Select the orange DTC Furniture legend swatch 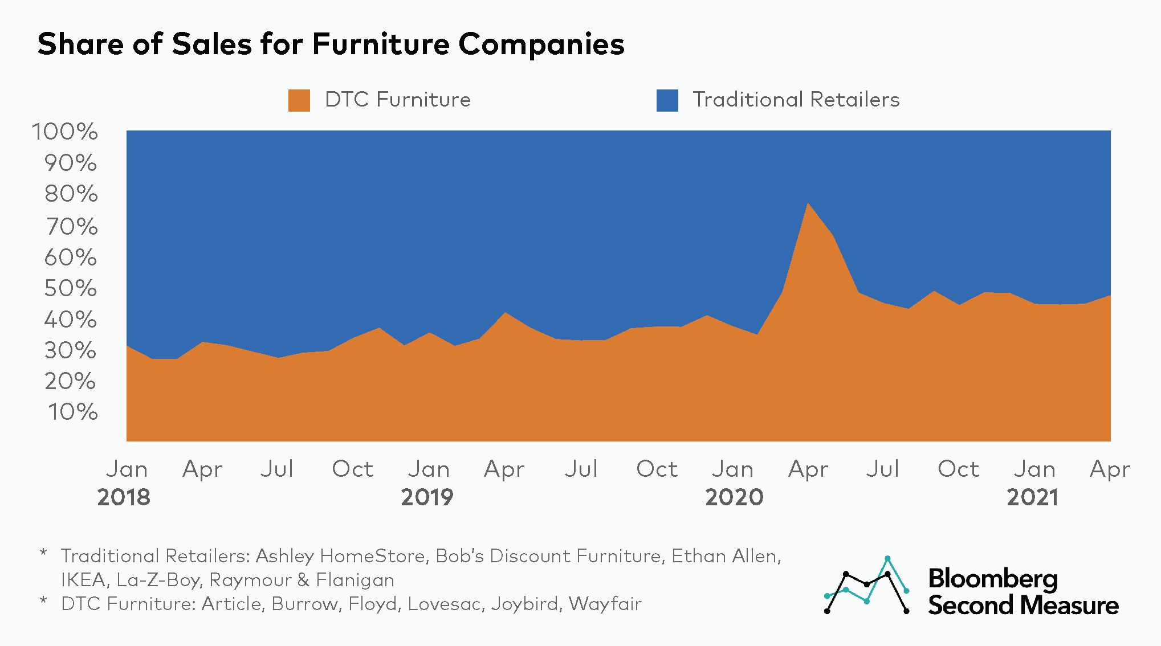click(x=299, y=100)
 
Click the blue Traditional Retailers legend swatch click(x=667, y=100)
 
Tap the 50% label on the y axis click(x=71, y=288)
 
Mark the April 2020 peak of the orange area click(x=808, y=203)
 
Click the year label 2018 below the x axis click(x=124, y=497)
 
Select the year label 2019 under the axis click(x=427, y=497)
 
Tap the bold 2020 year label click(x=734, y=497)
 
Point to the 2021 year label click(x=1032, y=497)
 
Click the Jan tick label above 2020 click(x=732, y=469)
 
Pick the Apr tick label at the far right click(x=1110, y=469)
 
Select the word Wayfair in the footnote click(x=605, y=604)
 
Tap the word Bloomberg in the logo click(x=993, y=579)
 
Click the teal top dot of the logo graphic click(x=887, y=558)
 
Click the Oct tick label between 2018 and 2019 click(x=353, y=469)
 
